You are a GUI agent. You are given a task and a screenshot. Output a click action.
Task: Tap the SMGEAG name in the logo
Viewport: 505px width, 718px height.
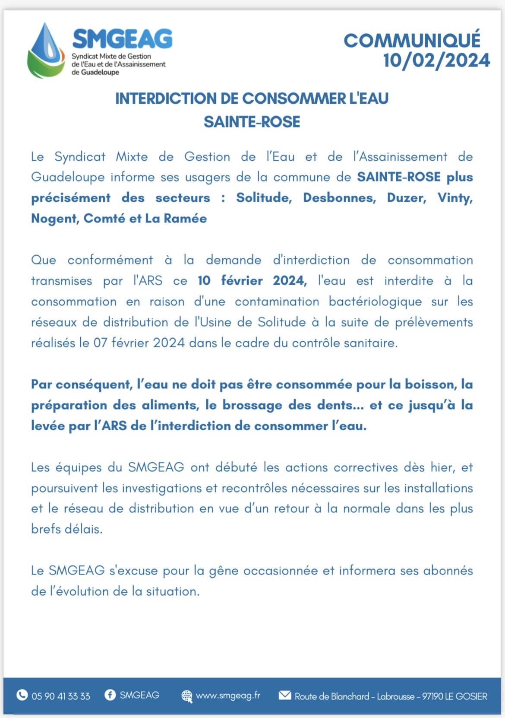pos(123,39)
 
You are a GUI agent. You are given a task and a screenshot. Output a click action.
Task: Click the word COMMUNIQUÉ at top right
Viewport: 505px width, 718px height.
pos(412,41)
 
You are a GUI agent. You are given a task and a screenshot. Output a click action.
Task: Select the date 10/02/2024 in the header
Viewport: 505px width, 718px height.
pos(436,60)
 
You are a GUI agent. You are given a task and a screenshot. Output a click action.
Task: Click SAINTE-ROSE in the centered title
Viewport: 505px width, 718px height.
pos(252,122)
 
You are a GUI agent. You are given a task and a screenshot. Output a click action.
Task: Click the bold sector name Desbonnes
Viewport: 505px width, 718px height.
pos(339,198)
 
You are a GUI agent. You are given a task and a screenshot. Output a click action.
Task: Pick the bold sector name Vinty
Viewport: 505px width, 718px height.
pos(455,198)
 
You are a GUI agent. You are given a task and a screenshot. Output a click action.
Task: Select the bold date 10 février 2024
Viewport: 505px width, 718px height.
pos(252,281)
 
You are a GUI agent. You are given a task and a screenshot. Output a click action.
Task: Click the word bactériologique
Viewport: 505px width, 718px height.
pos(375,302)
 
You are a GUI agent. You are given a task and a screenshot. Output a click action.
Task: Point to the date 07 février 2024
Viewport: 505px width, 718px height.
pos(139,343)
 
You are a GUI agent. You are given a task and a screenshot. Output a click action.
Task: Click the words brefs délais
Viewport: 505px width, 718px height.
pos(66,529)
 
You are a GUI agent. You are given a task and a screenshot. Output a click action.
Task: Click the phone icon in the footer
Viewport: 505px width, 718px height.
pos(22,695)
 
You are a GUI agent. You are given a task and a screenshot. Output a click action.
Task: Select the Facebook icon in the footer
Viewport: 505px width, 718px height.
pos(110,695)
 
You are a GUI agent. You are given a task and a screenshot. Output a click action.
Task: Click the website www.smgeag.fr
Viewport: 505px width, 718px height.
pos(228,696)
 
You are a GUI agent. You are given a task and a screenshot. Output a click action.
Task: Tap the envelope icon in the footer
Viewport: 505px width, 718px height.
pos(285,695)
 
